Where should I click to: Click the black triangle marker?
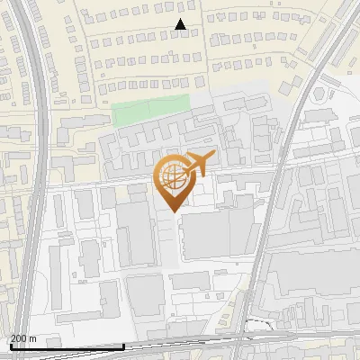(181, 25)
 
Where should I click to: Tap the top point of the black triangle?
(181, 20)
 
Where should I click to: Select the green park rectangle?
(151, 112)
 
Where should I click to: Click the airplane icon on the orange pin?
(198, 165)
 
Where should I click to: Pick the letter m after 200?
(33, 337)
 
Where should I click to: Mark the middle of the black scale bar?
(67, 346)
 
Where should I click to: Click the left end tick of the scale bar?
(11, 345)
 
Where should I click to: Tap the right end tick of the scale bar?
(124, 345)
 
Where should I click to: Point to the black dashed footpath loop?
(261, 324)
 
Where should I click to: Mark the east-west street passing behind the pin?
(108, 183)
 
